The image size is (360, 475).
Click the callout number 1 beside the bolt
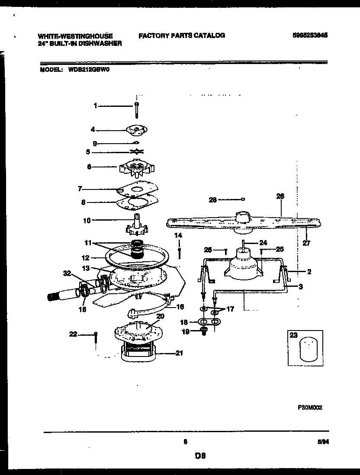(96, 105)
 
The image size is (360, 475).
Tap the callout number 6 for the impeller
(89, 166)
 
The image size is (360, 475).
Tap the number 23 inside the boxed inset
(294, 335)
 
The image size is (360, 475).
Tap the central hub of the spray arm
(243, 215)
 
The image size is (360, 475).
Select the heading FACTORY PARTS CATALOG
(181, 35)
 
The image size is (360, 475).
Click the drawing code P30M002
(310, 407)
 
